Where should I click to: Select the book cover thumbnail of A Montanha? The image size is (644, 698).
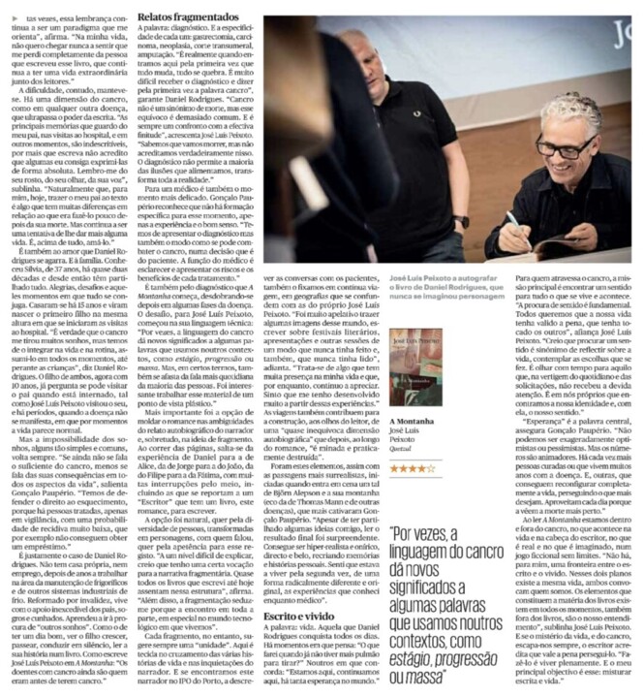pyautogui.click(x=414, y=358)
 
